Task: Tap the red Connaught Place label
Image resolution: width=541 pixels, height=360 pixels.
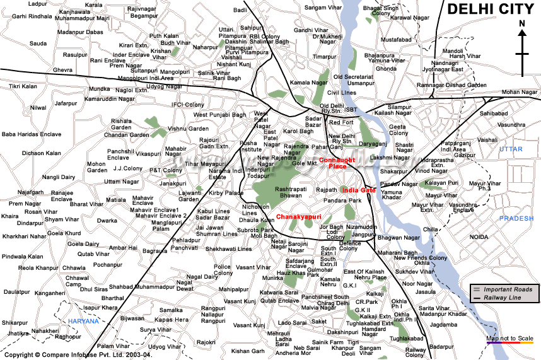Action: coord(337,163)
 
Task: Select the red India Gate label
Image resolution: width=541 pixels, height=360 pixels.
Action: coord(359,190)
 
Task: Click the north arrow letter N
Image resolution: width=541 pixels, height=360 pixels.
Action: coord(521,24)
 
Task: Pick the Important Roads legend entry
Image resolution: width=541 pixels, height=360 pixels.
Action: coord(508,289)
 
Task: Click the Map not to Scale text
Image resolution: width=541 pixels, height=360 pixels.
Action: coord(510,339)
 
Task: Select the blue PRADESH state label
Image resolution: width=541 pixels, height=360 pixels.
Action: coord(516,218)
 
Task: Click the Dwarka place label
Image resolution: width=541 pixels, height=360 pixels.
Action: coord(107,221)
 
